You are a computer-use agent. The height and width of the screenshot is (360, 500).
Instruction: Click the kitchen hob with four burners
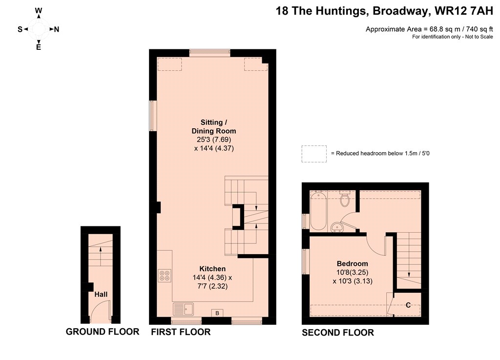(164, 276)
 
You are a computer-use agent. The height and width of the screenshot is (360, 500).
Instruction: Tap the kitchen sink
(184, 309)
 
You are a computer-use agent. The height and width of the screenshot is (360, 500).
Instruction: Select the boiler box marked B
(217, 313)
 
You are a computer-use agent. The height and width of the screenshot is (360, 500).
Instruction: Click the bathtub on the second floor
(318, 211)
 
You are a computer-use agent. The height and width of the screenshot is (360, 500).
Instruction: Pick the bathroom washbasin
(336, 226)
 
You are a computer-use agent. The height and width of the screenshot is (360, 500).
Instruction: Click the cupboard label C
(408, 305)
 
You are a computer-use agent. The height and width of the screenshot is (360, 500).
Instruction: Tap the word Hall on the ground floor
(101, 294)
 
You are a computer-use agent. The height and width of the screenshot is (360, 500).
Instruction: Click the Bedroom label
(353, 263)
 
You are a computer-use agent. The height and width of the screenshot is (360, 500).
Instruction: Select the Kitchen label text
(212, 269)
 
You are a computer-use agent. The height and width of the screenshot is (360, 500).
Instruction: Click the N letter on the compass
(57, 29)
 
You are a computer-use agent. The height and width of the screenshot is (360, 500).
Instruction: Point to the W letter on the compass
(39, 11)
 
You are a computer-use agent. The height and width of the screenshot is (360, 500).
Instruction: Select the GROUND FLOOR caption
(103, 332)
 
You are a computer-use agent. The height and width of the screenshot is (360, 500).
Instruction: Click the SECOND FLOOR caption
(338, 333)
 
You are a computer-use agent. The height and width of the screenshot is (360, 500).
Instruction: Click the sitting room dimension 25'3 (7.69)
(214, 140)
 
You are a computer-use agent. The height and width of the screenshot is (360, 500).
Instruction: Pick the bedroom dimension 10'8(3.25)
(353, 272)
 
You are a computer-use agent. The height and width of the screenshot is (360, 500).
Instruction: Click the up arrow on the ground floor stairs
(101, 256)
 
